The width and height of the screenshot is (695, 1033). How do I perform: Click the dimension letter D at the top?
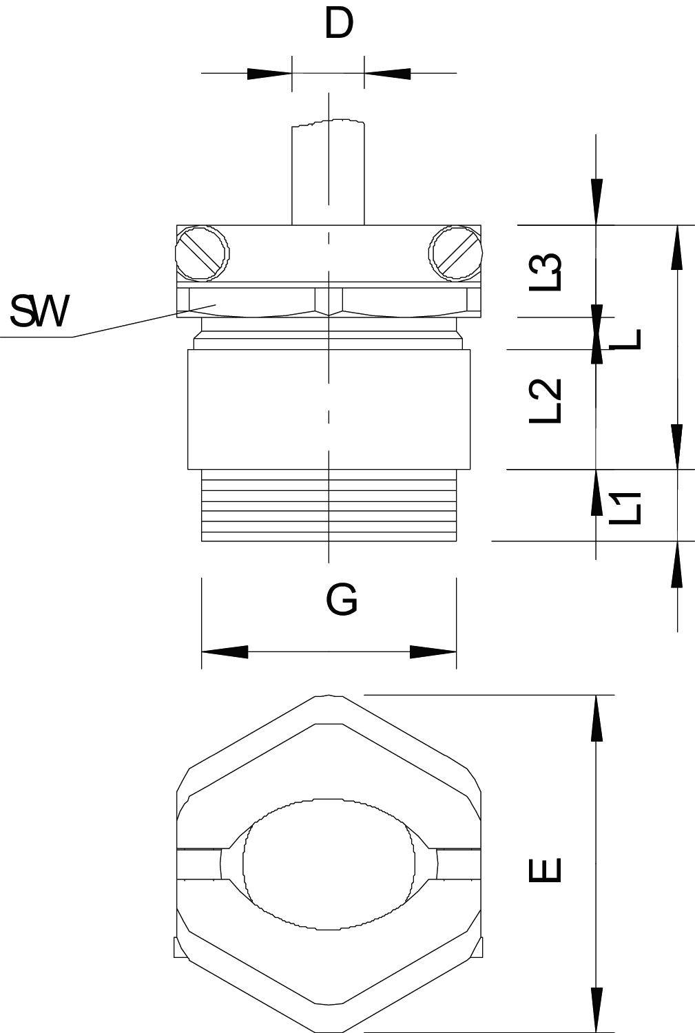pyautogui.click(x=338, y=24)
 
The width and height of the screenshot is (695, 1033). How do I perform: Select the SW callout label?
pyautogui.click(x=39, y=312)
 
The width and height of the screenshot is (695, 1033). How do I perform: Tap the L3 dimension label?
pyautogui.click(x=546, y=271)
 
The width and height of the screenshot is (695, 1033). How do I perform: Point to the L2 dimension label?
pyautogui.click(x=546, y=401)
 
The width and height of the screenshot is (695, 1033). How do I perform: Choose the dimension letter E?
pyautogui.click(x=546, y=869)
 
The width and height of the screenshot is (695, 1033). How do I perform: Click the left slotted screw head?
pyautogui.click(x=203, y=254)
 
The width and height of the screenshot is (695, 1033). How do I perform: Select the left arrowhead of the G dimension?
pyautogui.click(x=225, y=651)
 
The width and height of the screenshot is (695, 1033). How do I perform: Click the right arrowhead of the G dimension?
pyautogui.click(x=433, y=651)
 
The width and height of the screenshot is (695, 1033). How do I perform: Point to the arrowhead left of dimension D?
pyautogui.click(x=269, y=73)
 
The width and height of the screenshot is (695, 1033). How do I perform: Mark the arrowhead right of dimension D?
pyautogui.click(x=387, y=73)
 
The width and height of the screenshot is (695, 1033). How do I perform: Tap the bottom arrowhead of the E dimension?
pyautogui.click(x=597, y=1010)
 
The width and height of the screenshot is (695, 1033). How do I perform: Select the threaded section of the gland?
pyautogui.click(x=329, y=505)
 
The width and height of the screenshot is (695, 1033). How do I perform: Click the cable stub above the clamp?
pyautogui.click(x=328, y=172)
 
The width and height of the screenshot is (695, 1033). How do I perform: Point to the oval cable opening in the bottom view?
pyautogui.click(x=329, y=864)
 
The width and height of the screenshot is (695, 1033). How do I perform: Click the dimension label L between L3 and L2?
pyautogui.click(x=628, y=339)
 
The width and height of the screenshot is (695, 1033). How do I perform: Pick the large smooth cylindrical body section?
pyautogui.click(x=329, y=409)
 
